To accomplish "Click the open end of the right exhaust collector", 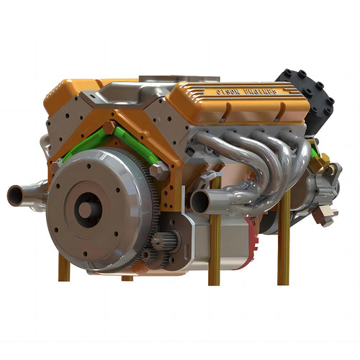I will click(201, 201).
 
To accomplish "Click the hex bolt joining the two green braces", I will click(109, 127).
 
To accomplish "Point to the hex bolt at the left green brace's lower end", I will click(55, 168).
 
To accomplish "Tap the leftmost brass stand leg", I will click(63, 267).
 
